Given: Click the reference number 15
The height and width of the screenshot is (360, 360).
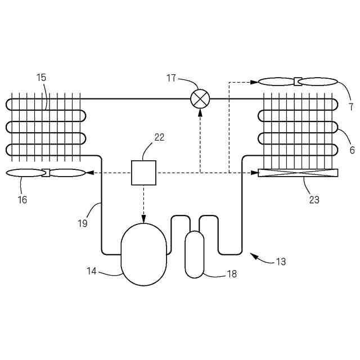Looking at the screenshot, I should pos(42,78).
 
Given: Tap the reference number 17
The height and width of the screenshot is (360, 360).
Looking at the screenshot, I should pos(172,78).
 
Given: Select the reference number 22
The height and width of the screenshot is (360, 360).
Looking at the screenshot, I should pos(159,137).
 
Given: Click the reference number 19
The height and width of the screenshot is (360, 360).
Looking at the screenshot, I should pos(83,223).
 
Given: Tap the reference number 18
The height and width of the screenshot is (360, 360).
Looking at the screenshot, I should pos(231,274).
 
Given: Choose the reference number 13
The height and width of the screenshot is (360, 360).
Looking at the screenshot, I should pos(281,262).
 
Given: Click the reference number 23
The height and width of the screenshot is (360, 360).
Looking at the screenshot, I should pos(314,199).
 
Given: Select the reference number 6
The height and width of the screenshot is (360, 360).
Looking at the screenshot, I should pos(352,150).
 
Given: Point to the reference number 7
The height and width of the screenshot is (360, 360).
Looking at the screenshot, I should pos(350,106).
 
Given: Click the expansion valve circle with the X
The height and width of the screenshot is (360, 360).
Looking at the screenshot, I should pos(200,99).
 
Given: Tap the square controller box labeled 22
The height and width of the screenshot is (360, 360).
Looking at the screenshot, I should pos(143,173).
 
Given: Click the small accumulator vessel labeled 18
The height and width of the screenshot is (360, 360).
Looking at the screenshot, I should pos(195,254).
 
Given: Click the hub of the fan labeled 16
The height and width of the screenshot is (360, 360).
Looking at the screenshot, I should pos(46,173).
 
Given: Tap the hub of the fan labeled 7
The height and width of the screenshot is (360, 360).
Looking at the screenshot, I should pos(296,82).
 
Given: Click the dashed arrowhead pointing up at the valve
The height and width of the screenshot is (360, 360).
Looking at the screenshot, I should pos(200,112).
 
